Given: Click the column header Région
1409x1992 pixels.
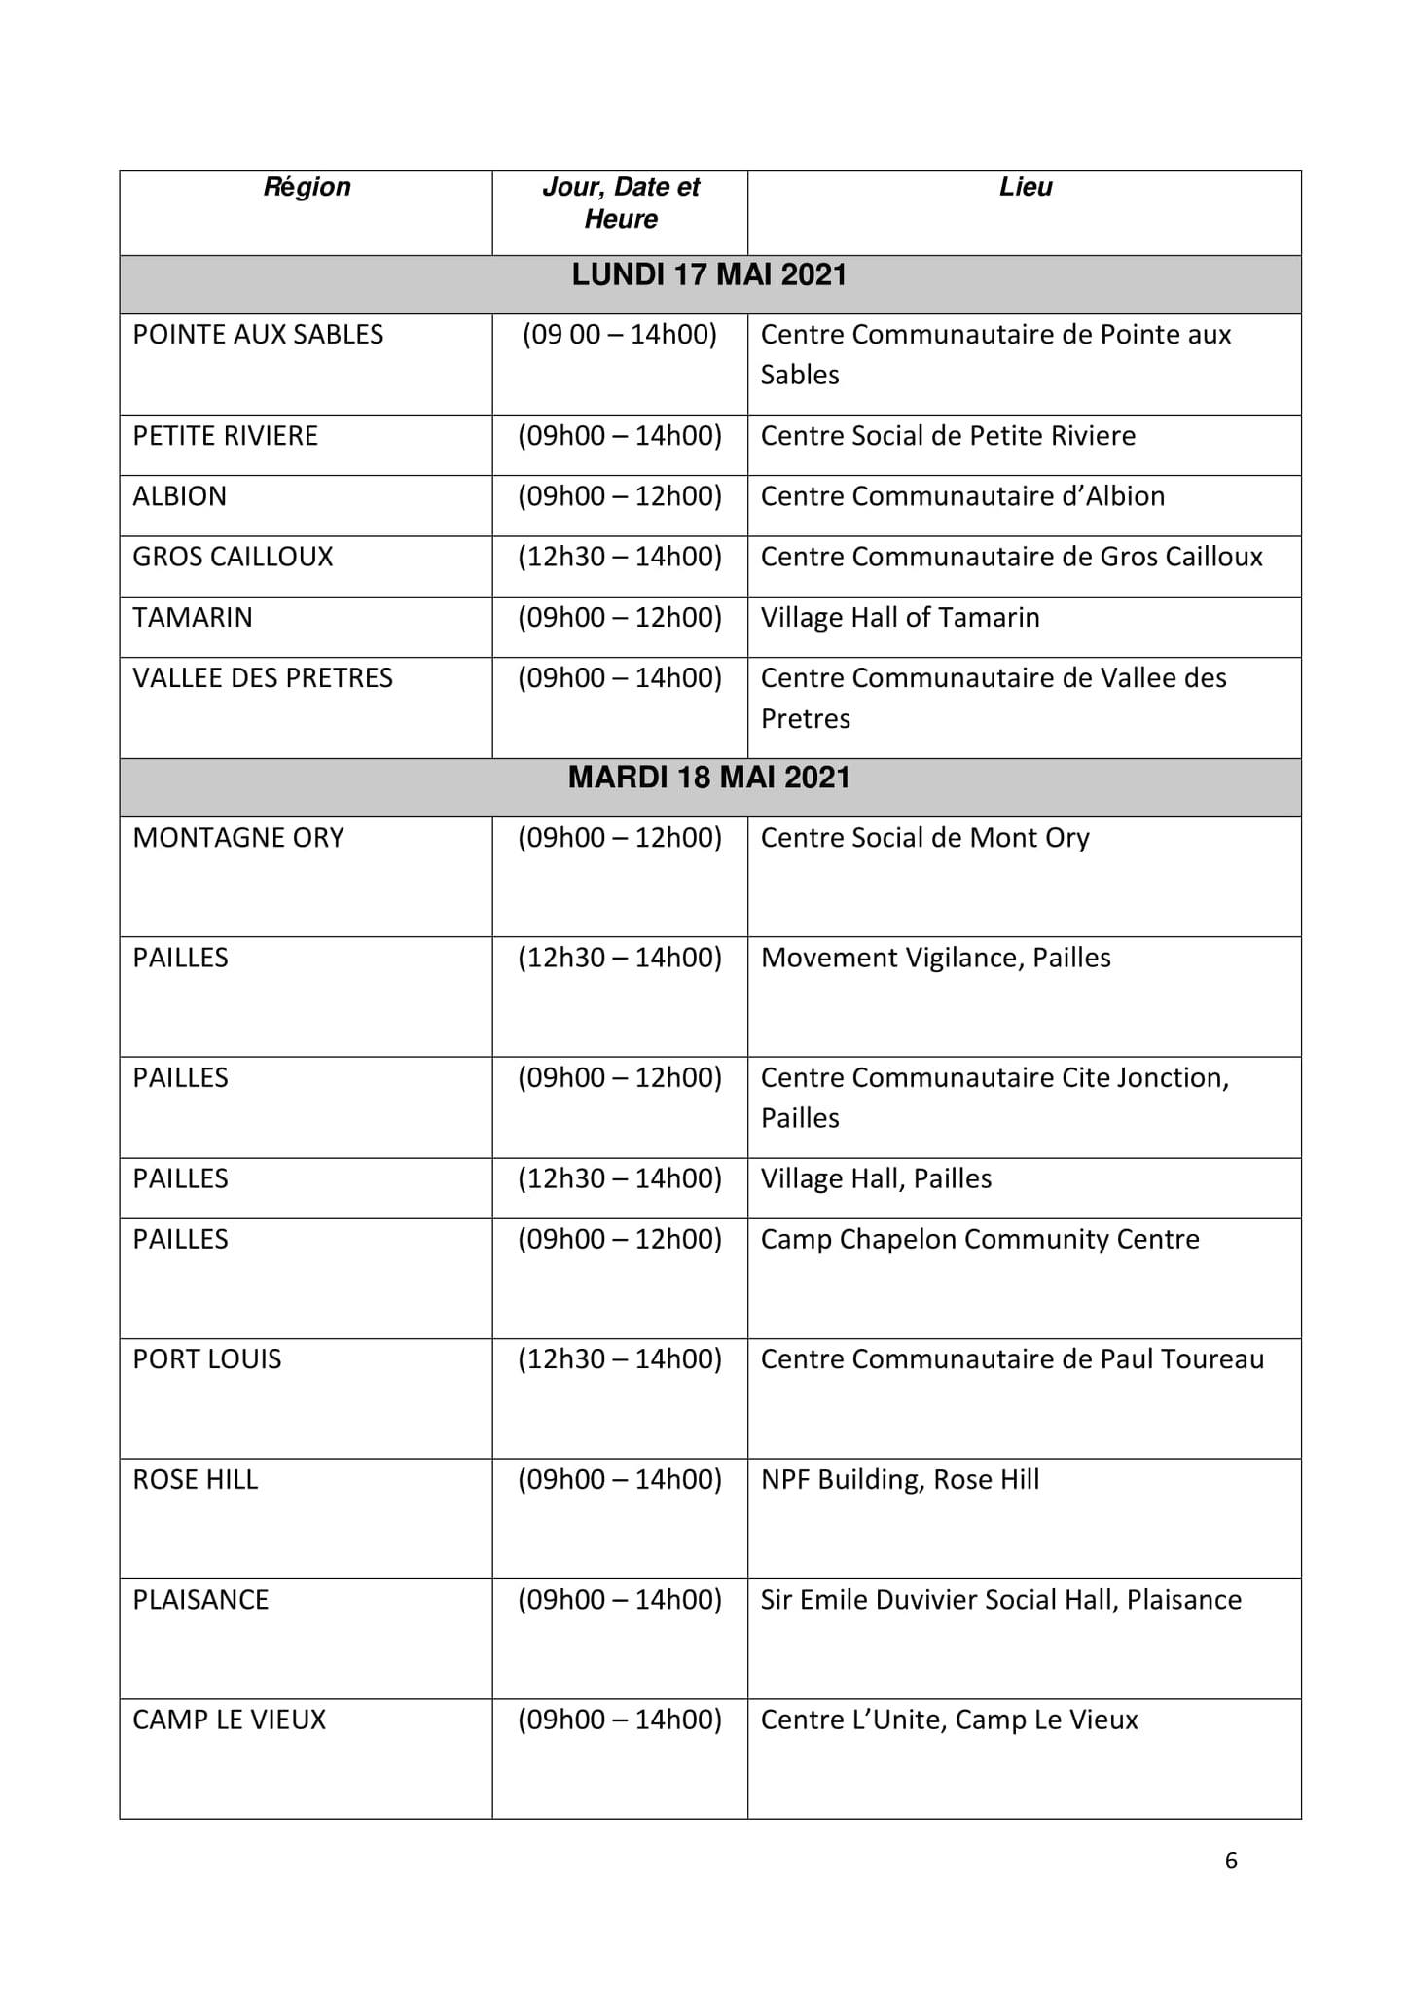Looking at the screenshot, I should tap(307, 187).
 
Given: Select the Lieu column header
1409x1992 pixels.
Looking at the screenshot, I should tap(1025, 187).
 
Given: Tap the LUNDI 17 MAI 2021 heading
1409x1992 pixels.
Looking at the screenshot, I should tap(709, 275).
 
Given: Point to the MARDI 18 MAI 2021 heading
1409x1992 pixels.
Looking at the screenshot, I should tap(709, 778).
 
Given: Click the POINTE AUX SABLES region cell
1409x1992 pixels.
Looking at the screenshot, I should tap(258, 335).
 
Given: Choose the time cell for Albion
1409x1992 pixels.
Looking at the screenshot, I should tap(620, 496).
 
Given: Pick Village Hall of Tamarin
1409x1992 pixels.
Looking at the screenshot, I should tap(900, 618).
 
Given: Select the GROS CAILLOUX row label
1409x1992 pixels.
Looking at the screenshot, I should tap(233, 557).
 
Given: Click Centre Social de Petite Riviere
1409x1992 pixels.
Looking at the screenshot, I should tap(948, 436).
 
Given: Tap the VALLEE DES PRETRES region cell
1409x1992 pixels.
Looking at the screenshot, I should tap(263, 678).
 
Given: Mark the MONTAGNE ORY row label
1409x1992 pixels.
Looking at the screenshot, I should tap(238, 838).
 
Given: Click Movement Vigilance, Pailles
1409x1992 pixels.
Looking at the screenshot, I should tap(935, 959).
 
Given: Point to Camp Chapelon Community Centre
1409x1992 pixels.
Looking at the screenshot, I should tap(980, 1240).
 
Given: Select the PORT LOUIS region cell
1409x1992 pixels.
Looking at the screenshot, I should tap(207, 1359).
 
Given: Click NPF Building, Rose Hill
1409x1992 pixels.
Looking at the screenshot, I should tap(900, 1480).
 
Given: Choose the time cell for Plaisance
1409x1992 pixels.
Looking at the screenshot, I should tap(620, 1601).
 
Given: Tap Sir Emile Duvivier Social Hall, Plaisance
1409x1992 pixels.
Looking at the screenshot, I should tap(1001, 1601).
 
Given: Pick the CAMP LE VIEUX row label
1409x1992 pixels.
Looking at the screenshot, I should tap(230, 1720).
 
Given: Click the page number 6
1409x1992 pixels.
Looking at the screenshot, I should tap(1231, 1861).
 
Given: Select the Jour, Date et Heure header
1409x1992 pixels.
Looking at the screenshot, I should tap(620, 202).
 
